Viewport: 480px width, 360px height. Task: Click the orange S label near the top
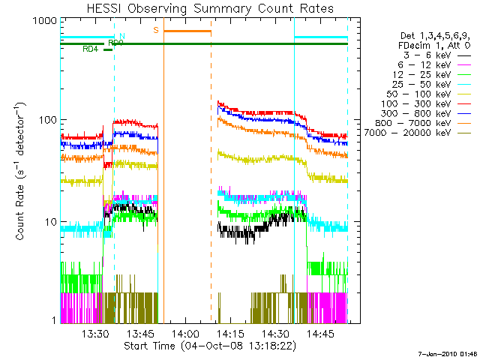155,30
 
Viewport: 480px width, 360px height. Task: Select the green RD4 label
90,49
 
